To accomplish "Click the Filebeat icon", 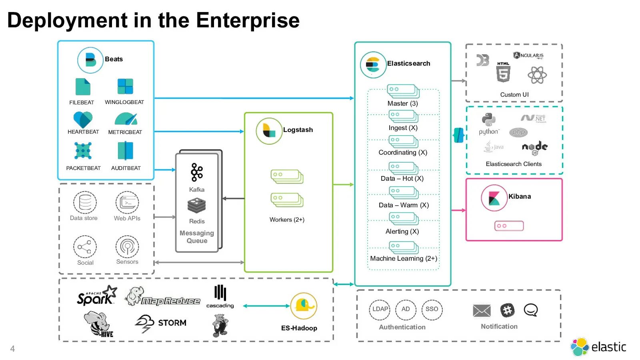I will [x=83, y=87].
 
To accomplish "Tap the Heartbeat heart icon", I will [x=83, y=119].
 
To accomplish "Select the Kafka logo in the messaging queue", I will [x=197, y=172].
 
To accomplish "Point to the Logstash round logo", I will [x=269, y=131].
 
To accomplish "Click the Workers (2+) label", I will [x=287, y=220].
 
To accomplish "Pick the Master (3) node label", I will [x=402, y=104].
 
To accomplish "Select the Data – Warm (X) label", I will [x=404, y=205].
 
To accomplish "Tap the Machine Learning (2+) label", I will [x=403, y=258].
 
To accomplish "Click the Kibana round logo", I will [x=494, y=198].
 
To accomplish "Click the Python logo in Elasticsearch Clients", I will [x=489, y=120].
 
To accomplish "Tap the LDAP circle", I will [x=380, y=310].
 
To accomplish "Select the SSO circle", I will [x=432, y=310].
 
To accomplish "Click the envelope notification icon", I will [x=482, y=310].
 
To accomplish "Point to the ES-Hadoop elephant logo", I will [x=304, y=306].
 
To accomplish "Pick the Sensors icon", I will [x=127, y=246].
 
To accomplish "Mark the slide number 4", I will [x=12, y=349].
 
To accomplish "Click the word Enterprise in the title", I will [x=248, y=20].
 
